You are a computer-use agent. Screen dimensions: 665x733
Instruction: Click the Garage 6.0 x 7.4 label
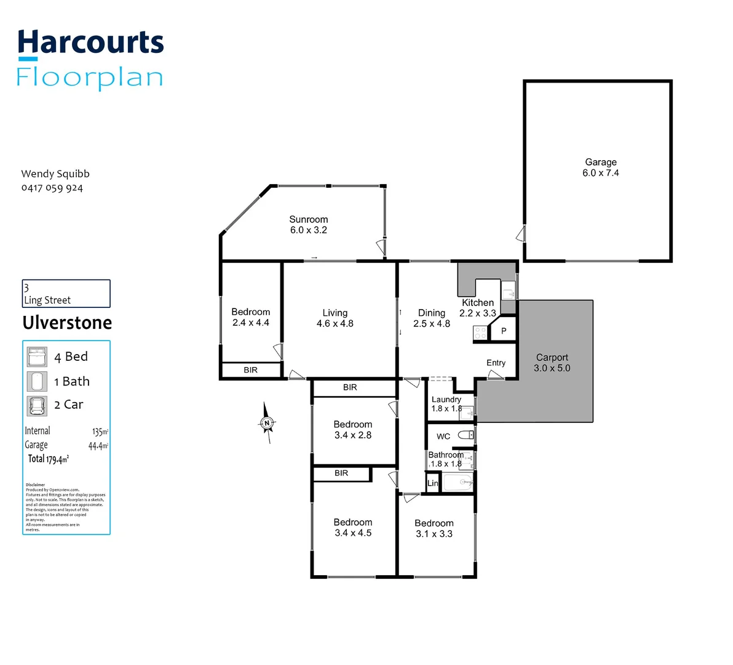tap(600, 167)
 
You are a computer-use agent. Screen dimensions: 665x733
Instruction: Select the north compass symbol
tap(267, 423)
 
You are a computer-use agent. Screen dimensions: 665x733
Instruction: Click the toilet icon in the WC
tap(467, 435)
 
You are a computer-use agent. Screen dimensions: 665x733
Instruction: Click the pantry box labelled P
tap(504, 331)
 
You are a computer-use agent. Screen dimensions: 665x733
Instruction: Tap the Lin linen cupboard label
tap(432, 483)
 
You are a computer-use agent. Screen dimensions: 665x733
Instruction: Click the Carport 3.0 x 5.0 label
tap(552, 363)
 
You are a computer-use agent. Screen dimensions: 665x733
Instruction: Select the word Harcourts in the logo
tap(90, 43)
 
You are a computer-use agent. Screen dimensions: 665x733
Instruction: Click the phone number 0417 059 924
tap(52, 188)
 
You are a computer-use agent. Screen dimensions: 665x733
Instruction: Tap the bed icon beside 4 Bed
tap(37, 357)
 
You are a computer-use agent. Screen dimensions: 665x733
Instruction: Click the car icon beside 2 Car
tap(37, 405)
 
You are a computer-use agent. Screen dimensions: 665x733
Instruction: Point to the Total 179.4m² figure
tap(48, 459)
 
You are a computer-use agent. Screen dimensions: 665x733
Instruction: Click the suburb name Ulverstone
tap(67, 323)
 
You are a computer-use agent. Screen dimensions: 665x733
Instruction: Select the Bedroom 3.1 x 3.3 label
tap(434, 528)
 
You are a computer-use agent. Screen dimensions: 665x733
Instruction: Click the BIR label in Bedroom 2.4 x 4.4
tap(250, 370)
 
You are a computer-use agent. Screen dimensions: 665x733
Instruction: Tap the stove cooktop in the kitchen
tap(480, 333)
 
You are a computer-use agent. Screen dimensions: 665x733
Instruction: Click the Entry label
tap(496, 363)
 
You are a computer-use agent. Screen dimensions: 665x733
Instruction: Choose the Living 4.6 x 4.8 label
tap(335, 318)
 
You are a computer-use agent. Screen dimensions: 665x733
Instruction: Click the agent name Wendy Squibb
tap(55, 174)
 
